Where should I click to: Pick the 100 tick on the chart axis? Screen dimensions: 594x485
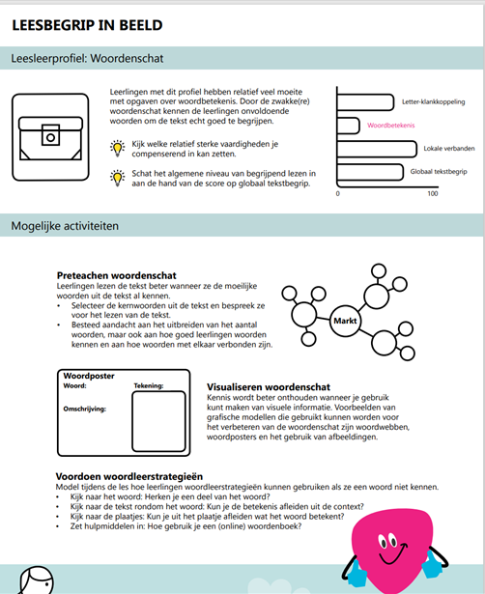(x=432, y=193)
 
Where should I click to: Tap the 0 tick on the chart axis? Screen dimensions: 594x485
(x=337, y=193)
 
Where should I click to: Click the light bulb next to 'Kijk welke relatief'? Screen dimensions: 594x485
(x=117, y=148)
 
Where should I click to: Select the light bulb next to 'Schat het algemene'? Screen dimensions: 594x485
(x=117, y=177)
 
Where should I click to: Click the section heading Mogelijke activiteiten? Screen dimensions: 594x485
(x=65, y=227)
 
